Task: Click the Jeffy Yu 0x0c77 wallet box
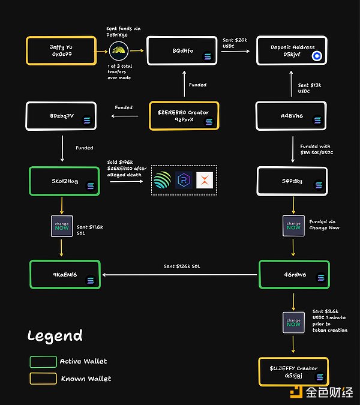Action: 61,50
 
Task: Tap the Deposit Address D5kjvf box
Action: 292,50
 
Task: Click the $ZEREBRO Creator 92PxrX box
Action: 184,116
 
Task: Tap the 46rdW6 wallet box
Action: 293,274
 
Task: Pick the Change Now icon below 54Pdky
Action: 293,227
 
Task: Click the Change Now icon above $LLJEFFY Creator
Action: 293,323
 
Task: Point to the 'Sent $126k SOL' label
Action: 182,266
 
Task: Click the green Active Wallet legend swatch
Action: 42,361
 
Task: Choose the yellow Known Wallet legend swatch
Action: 42,379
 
